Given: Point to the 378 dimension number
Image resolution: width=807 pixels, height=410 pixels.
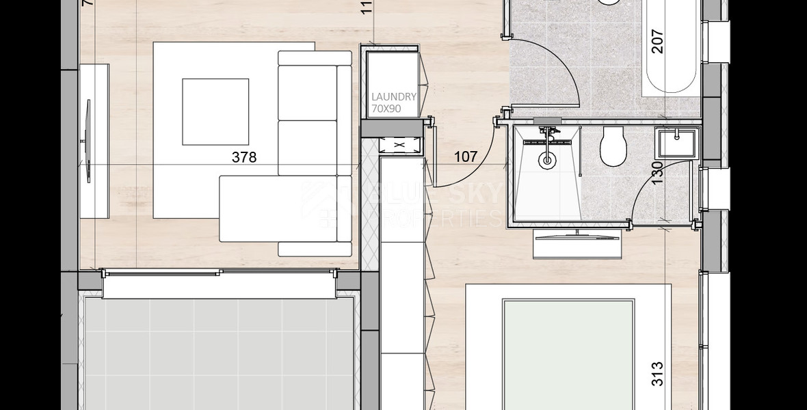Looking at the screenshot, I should pos(243,157).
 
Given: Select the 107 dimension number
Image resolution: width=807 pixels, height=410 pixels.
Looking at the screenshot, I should pos(466,156).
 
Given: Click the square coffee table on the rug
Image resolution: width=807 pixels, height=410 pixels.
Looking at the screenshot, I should pos(215,111).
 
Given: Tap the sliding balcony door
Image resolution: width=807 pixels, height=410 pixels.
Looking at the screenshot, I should pos(219,274).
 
